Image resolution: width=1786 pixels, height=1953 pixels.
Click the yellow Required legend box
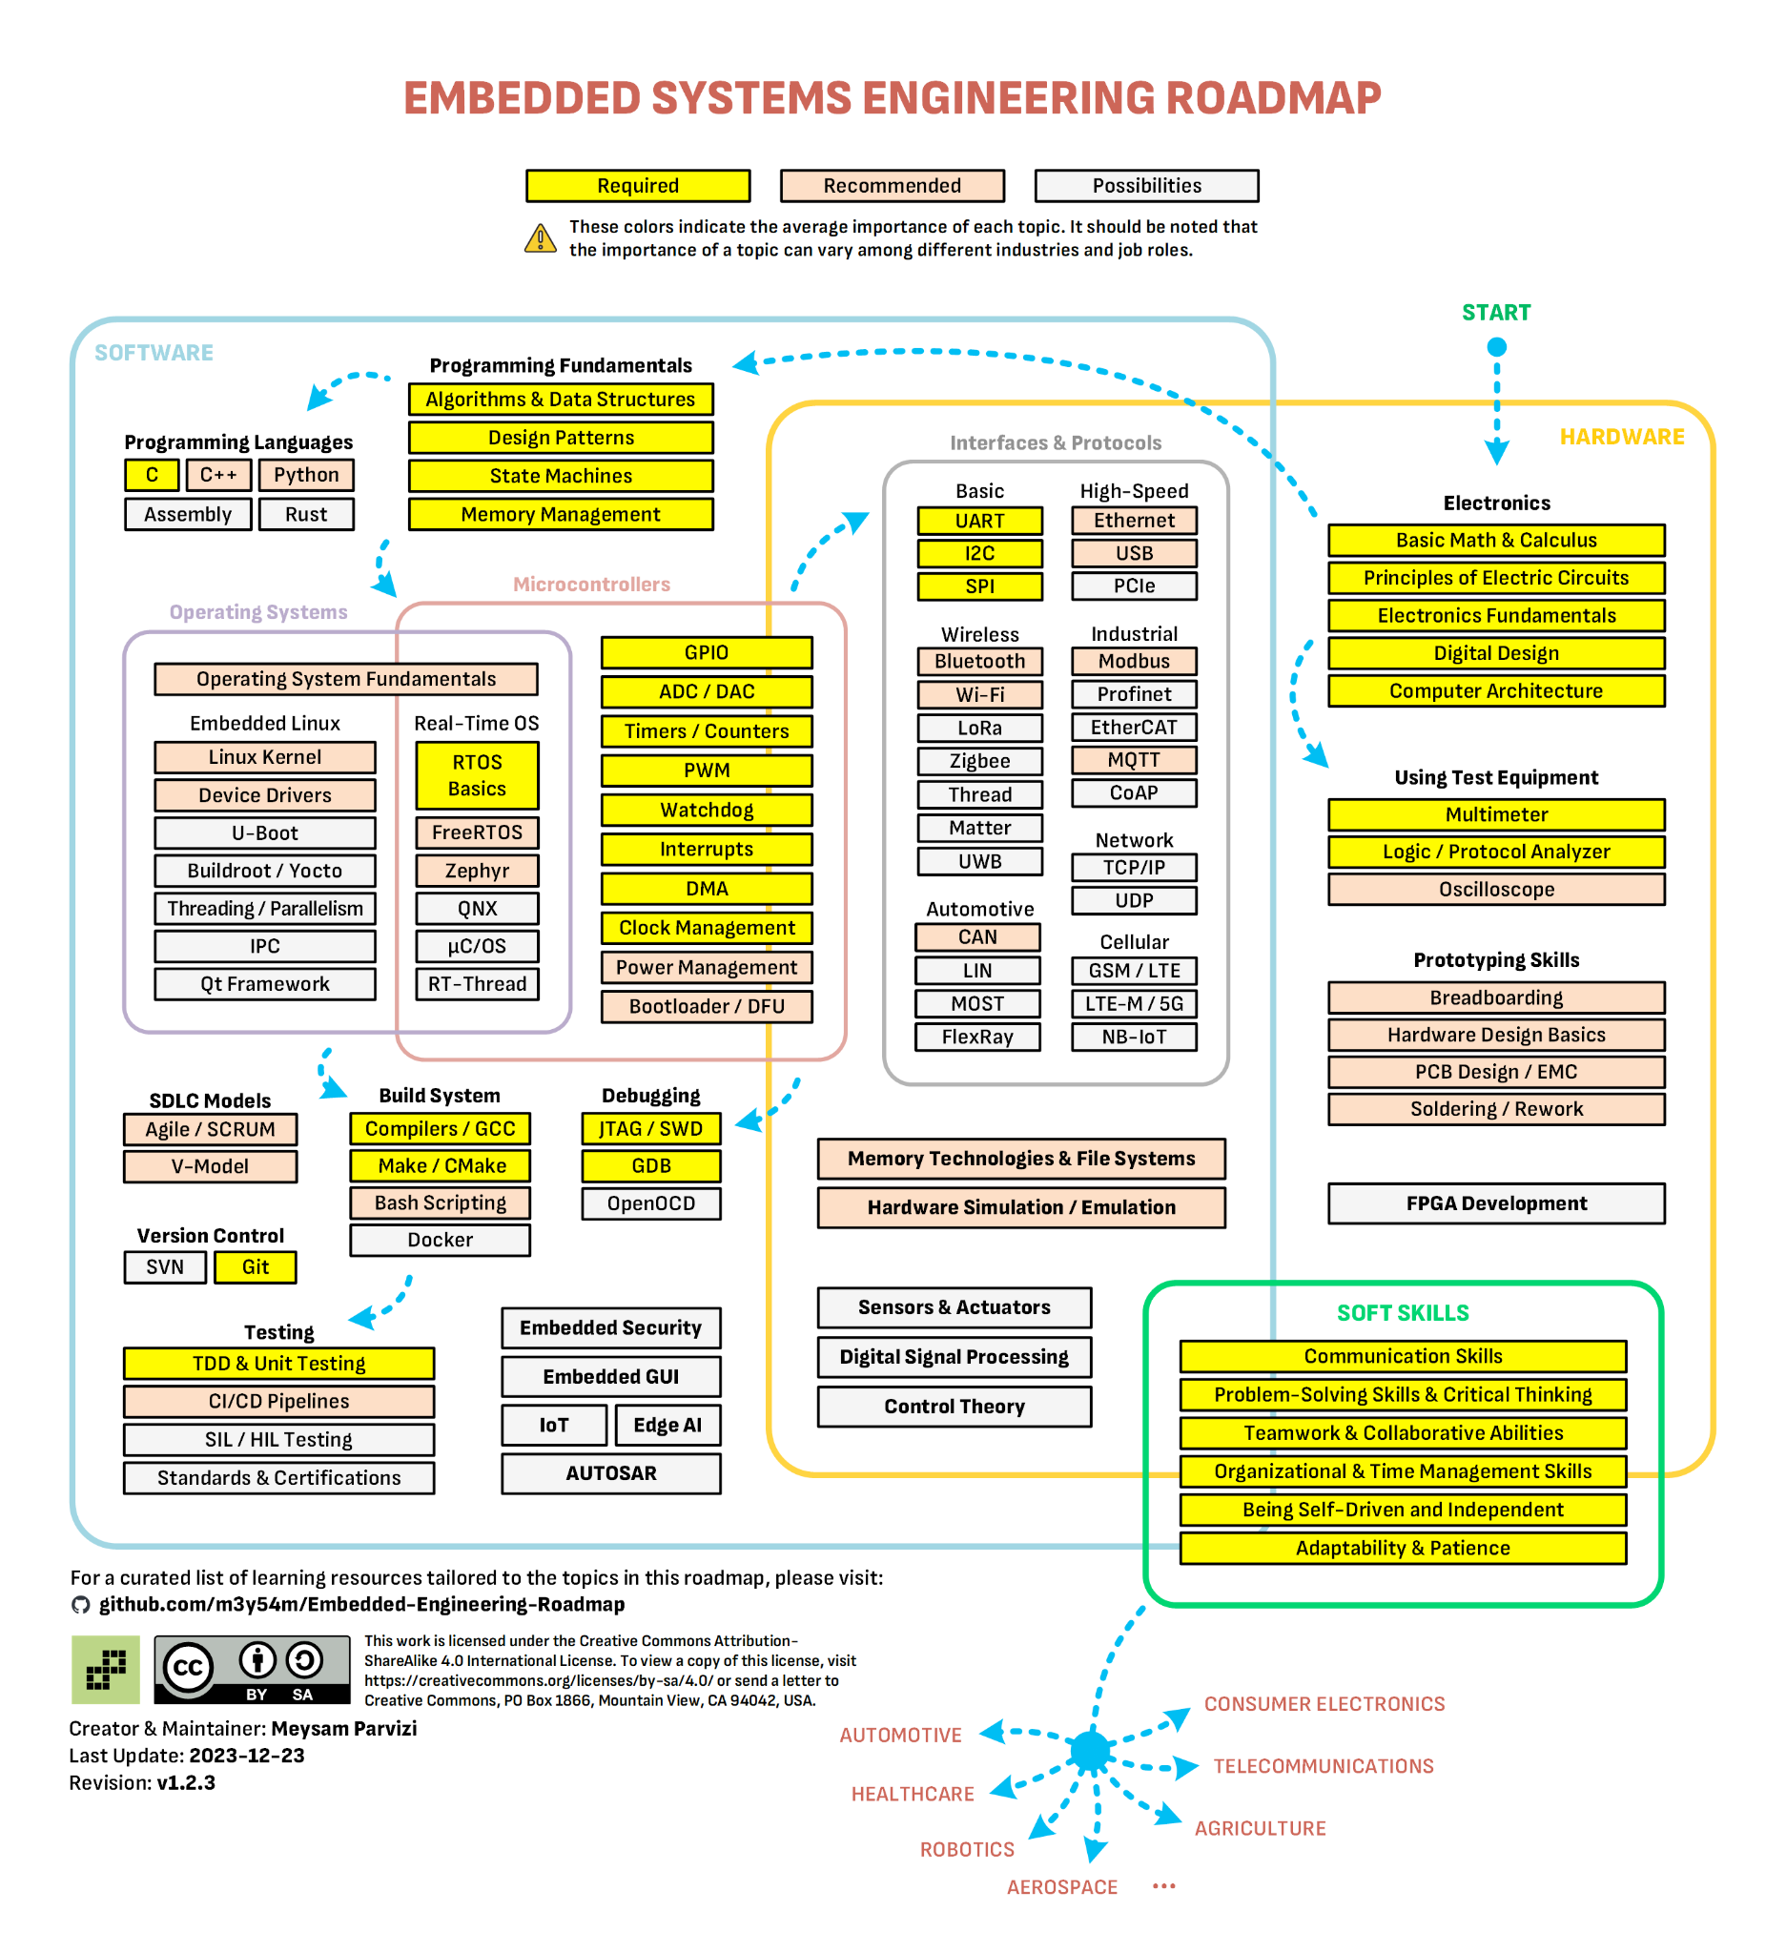[x=637, y=185]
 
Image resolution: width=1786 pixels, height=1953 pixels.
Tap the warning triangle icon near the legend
[x=541, y=238]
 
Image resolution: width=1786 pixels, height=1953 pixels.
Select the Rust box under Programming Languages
[x=306, y=514]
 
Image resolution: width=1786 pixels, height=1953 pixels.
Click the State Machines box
[x=560, y=476]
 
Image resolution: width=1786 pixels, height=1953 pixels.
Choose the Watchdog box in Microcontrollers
[x=706, y=810]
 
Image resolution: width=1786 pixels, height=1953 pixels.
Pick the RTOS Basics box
[x=477, y=775]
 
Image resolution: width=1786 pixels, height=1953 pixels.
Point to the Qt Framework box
[x=264, y=984]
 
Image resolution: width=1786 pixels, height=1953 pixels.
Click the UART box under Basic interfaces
[x=979, y=522]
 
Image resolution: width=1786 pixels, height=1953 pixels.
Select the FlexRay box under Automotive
[x=977, y=1037]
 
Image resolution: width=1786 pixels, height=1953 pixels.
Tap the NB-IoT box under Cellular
[x=1133, y=1037]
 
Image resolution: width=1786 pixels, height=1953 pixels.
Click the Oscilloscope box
[x=1495, y=890]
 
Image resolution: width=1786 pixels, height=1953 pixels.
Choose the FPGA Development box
[x=1495, y=1203]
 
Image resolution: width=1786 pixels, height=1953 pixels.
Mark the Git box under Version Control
[x=255, y=1267]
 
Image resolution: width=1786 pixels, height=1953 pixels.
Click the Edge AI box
[x=667, y=1425]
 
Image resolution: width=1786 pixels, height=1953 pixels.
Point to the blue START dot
[x=1496, y=347]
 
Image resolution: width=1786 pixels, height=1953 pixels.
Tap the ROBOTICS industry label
[x=967, y=1849]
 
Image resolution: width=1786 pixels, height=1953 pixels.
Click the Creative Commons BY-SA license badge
[x=252, y=1669]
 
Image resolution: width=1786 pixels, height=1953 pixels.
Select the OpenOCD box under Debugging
[x=651, y=1203]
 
